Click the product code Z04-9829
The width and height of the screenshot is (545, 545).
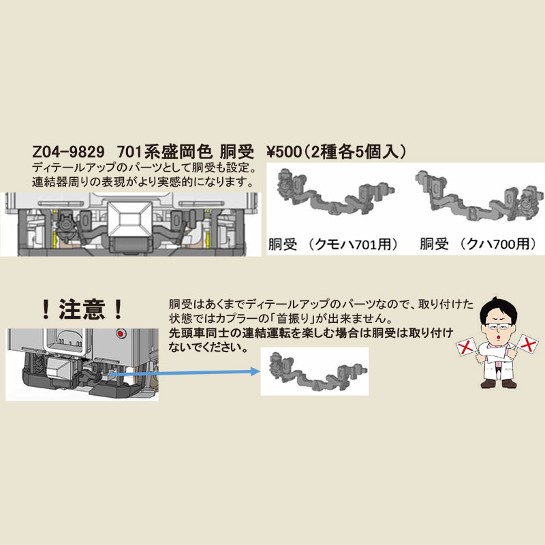[68, 152]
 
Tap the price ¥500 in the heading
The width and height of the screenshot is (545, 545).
[285, 152]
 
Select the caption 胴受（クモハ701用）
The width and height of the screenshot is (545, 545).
[333, 244]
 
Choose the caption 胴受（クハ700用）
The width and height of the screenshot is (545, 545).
[479, 244]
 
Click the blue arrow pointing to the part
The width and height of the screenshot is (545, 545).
[185, 373]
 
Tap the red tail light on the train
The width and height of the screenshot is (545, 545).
[121, 334]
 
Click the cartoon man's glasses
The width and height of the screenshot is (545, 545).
[499, 327]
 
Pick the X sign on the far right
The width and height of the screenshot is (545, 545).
[527, 345]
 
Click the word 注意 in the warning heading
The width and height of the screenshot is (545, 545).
[82, 309]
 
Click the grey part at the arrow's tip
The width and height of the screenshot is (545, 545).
[317, 371]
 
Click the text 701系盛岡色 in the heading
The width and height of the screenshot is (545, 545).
[164, 152]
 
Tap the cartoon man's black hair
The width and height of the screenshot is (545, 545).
[498, 309]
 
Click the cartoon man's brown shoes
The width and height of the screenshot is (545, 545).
[499, 384]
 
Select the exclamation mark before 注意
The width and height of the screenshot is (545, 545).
[45, 309]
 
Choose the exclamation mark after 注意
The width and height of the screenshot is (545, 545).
[118, 309]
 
